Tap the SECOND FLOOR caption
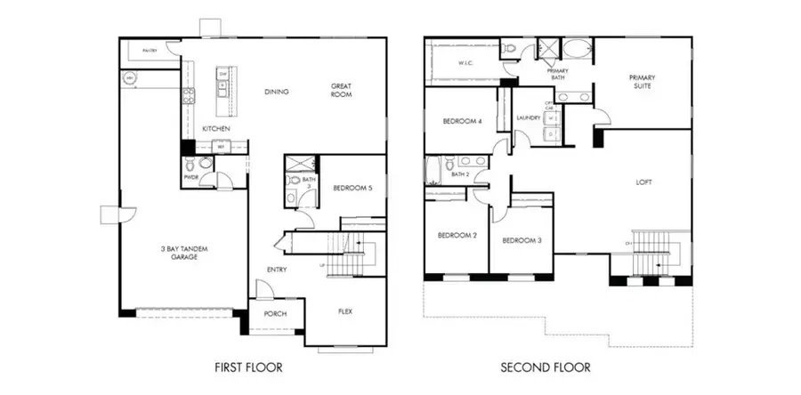click(x=545, y=367)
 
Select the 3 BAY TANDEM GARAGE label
click(x=186, y=253)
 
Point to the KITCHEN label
click(x=215, y=129)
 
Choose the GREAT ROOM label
click(x=342, y=91)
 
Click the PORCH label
click(x=275, y=315)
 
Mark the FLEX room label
click(x=346, y=312)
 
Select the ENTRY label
click(x=276, y=270)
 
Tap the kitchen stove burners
click(x=189, y=96)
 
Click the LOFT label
click(x=644, y=182)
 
